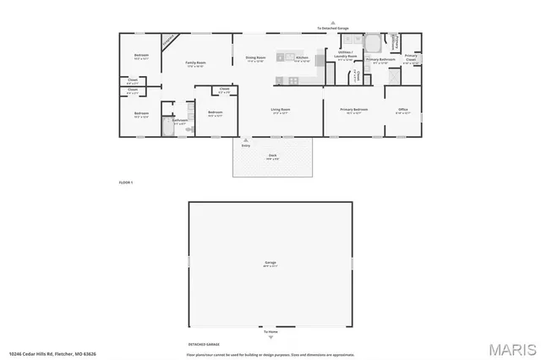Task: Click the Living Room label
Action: coord(281,110)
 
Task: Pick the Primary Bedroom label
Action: coord(353,110)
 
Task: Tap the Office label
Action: coord(403,110)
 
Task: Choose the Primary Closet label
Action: coord(411,59)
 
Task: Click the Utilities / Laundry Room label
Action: coord(347,56)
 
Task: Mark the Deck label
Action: coord(273,157)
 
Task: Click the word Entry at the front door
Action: coord(246,145)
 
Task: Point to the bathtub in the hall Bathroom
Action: coord(167,128)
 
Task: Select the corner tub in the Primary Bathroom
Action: coord(372,41)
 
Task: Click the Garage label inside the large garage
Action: coord(270,264)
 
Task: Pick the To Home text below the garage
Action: coord(270,333)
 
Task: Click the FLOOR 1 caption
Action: coord(126,183)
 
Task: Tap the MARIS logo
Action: coord(512,347)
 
